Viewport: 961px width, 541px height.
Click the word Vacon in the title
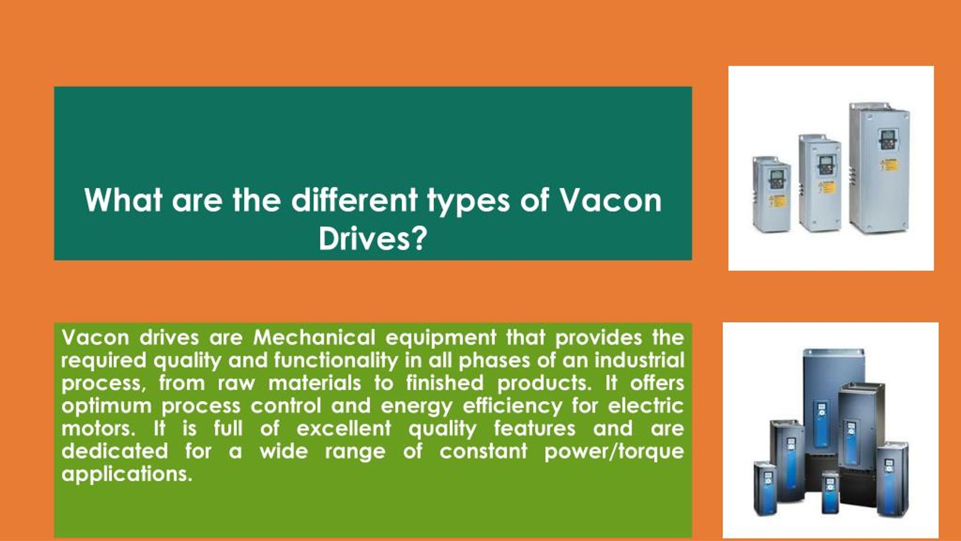click(x=610, y=200)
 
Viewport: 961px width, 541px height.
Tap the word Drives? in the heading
click(x=372, y=239)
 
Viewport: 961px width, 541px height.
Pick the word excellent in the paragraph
click(x=343, y=428)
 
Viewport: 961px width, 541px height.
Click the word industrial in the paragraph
click(x=639, y=360)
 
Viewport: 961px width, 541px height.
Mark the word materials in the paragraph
click(x=315, y=383)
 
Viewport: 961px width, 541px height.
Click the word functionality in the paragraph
click(x=336, y=361)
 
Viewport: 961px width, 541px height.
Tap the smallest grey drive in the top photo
click(x=772, y=193)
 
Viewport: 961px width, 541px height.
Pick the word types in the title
click(x=468, y=202)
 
